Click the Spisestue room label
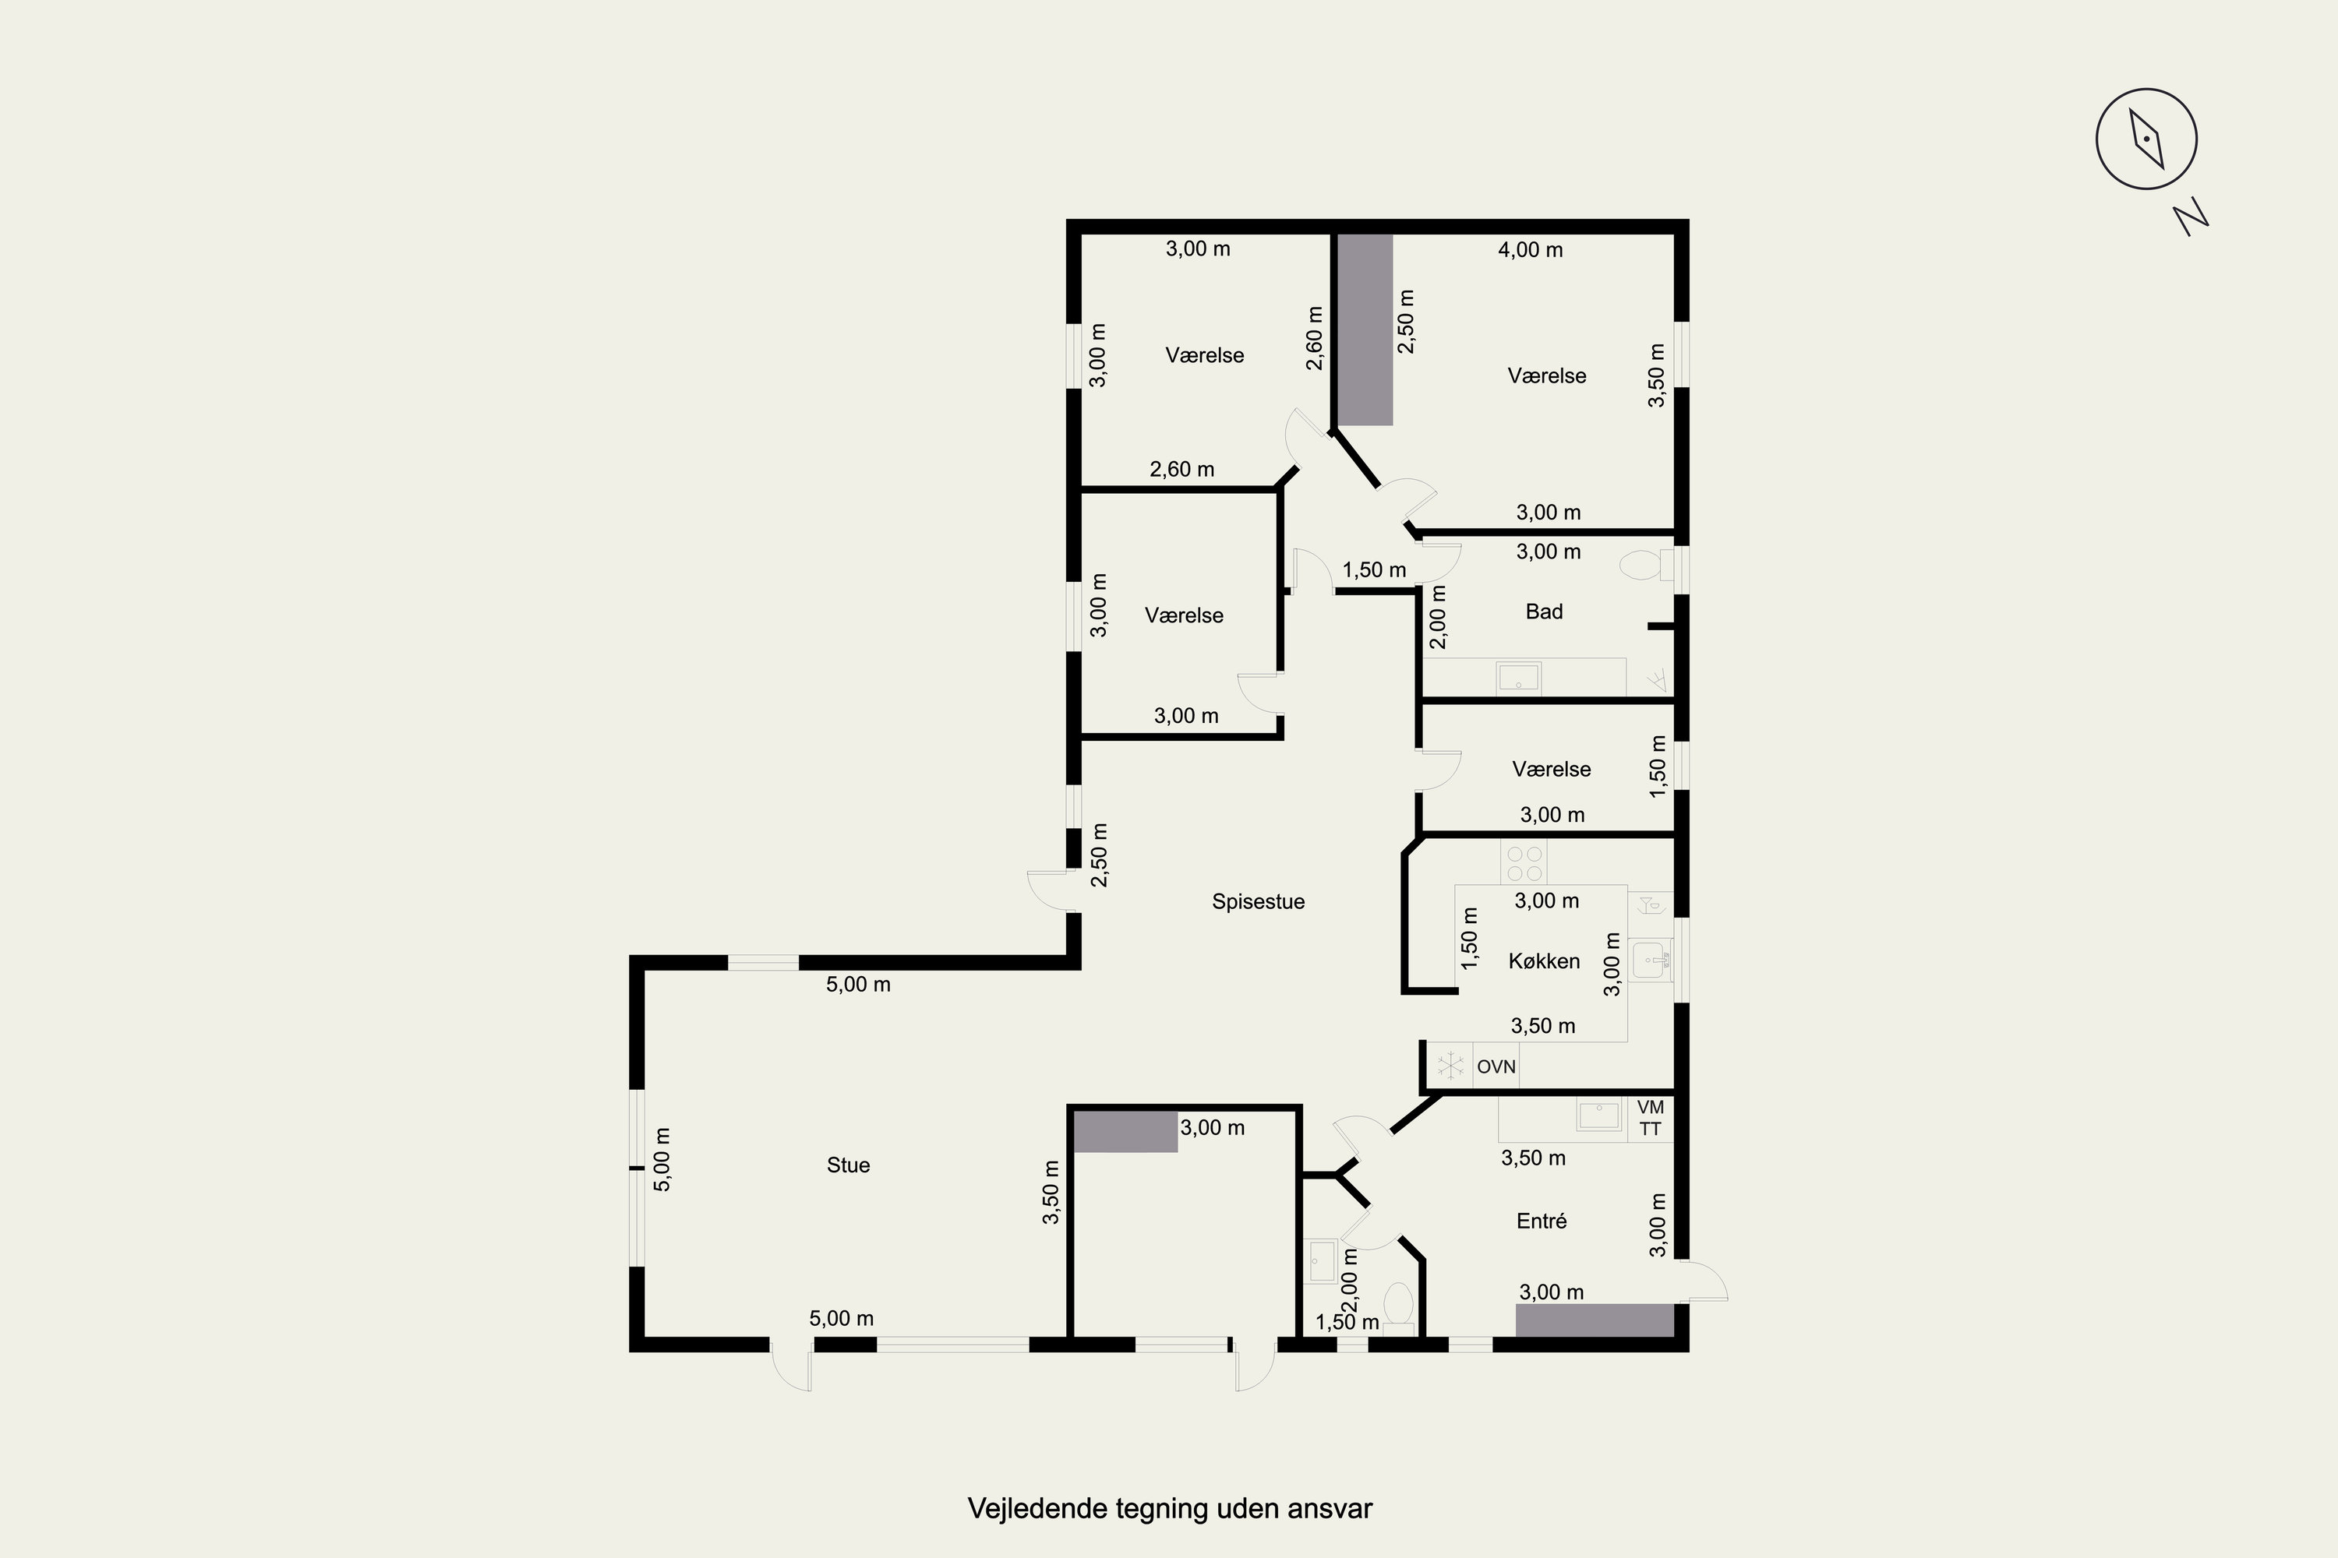click(x=1258, y=902)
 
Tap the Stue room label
click(x=848, y=1165)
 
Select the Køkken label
click(x=1544, y=961)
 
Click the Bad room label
click(x=1544, y=611)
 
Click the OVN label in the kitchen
click(x=1496, y=1066)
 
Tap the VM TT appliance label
click(x=1650, y=1118)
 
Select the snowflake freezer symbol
click(x=1450, y=1066)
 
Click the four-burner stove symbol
click(x=1524, y=863)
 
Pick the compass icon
click(x=2146, y=139)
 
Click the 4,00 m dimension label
click(x=1530, y=250)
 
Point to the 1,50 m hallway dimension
click(x=1374, y=570)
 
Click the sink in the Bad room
click(x=1518, y=679)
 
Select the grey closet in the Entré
click(x=1595, y=1320)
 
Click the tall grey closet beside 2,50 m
click(x=1365, y=330)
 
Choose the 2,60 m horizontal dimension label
click(x=1182, y=469)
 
